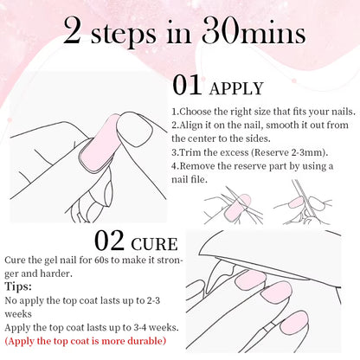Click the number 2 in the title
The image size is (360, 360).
(72, 31)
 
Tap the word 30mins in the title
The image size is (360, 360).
(254, 31)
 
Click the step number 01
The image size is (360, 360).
(187, 85)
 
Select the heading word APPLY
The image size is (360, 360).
(236, 88)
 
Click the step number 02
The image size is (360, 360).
(109, 241)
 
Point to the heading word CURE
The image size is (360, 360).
(154, 244)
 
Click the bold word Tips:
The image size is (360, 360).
(18, 286)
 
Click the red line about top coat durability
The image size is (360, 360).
(86, 341)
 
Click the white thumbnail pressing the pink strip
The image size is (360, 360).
(134, 130)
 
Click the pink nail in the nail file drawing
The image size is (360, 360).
(296, 202)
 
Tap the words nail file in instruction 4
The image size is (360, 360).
(190, 179)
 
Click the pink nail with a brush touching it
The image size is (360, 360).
(294, 322)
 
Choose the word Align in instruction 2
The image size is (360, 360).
(190, 125)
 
